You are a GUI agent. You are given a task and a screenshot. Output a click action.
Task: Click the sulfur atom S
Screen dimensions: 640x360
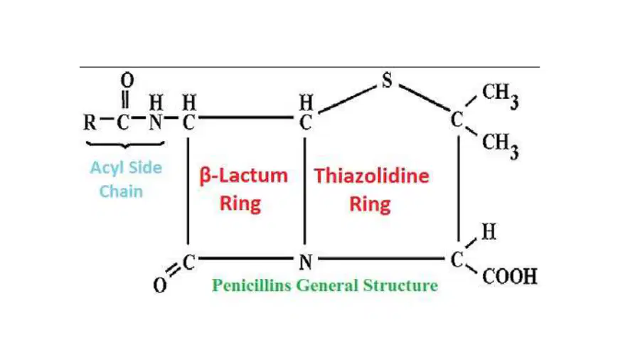387,80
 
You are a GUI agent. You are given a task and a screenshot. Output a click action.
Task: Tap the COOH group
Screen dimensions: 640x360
510,277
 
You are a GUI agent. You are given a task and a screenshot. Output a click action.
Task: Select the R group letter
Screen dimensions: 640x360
90,122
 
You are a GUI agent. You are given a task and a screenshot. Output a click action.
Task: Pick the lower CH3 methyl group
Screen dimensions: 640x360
501,146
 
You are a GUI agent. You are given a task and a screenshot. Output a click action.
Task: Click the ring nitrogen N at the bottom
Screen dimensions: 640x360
306,262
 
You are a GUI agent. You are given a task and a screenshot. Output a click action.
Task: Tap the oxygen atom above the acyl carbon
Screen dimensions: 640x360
127,80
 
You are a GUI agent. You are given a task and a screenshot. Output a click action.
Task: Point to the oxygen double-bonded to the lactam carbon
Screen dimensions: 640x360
159,285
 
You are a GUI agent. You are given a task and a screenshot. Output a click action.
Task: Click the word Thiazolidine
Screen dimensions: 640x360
371,176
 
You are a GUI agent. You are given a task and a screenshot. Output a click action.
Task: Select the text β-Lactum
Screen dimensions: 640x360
244,176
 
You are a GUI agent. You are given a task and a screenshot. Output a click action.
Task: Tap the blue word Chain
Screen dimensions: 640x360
121,191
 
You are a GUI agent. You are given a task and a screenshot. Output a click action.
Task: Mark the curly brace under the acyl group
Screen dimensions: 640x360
125,144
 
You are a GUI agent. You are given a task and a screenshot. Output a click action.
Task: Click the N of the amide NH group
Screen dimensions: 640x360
156,122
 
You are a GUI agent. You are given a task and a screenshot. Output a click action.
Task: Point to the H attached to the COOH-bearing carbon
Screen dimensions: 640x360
489,232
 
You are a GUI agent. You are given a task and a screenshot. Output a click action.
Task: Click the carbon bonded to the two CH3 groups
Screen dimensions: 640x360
457,120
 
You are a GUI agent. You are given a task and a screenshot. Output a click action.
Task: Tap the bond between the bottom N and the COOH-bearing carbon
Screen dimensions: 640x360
381,258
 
